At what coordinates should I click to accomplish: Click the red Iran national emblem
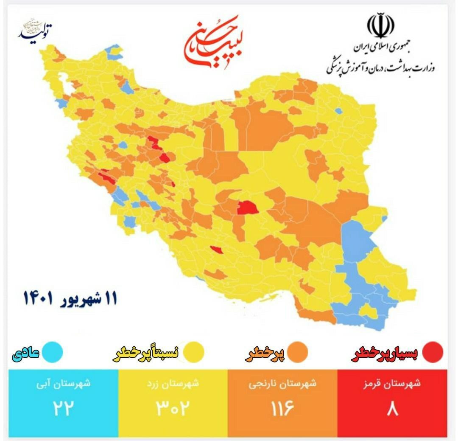(x=380, y=26)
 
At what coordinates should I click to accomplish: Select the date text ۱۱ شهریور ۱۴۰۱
(x=70, y=298)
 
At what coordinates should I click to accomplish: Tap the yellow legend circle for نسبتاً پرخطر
(x=195, y=352)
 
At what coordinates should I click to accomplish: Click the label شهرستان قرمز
(x=392, y=384)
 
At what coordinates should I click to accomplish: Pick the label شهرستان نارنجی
(x=282, y=384)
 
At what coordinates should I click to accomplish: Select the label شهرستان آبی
(x=64, y=384)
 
